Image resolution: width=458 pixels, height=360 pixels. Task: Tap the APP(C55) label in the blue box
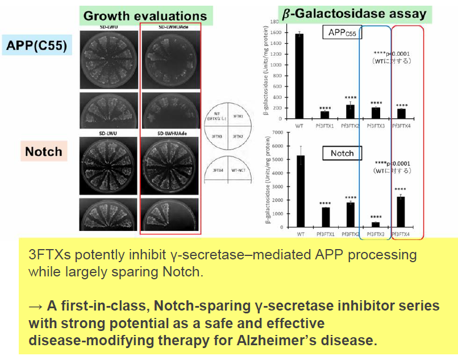click(x=38, y=45)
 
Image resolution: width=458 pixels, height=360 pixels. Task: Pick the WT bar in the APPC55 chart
click(x=299, y=76)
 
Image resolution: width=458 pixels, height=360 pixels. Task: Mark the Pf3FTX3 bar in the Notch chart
click(x=374, y=225)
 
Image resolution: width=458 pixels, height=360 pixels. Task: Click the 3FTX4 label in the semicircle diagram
click(x=218, y=169)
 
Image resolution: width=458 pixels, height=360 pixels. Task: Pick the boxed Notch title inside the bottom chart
click(x=342, y=153)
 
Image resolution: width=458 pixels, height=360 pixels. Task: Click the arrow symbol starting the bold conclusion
click(x=35, y=306)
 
